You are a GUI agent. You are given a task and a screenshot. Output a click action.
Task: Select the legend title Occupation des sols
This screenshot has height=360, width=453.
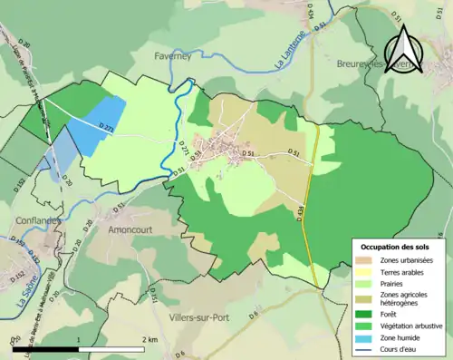(x=397, y=247)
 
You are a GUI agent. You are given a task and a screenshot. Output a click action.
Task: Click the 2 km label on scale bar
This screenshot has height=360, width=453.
(x=151, y=338)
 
